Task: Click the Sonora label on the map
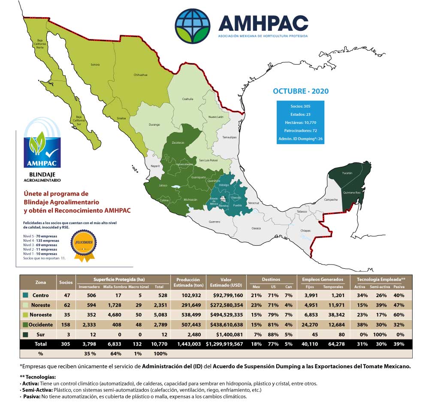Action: pos(95,65)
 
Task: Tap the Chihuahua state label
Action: pos(141,75)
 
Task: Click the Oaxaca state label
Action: pos(256,228)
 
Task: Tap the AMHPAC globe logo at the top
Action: pos(193,26)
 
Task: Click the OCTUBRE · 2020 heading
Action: pos(301,91)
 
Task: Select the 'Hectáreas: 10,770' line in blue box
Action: pos(301,122)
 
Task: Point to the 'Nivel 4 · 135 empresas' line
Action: pos(41,241)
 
